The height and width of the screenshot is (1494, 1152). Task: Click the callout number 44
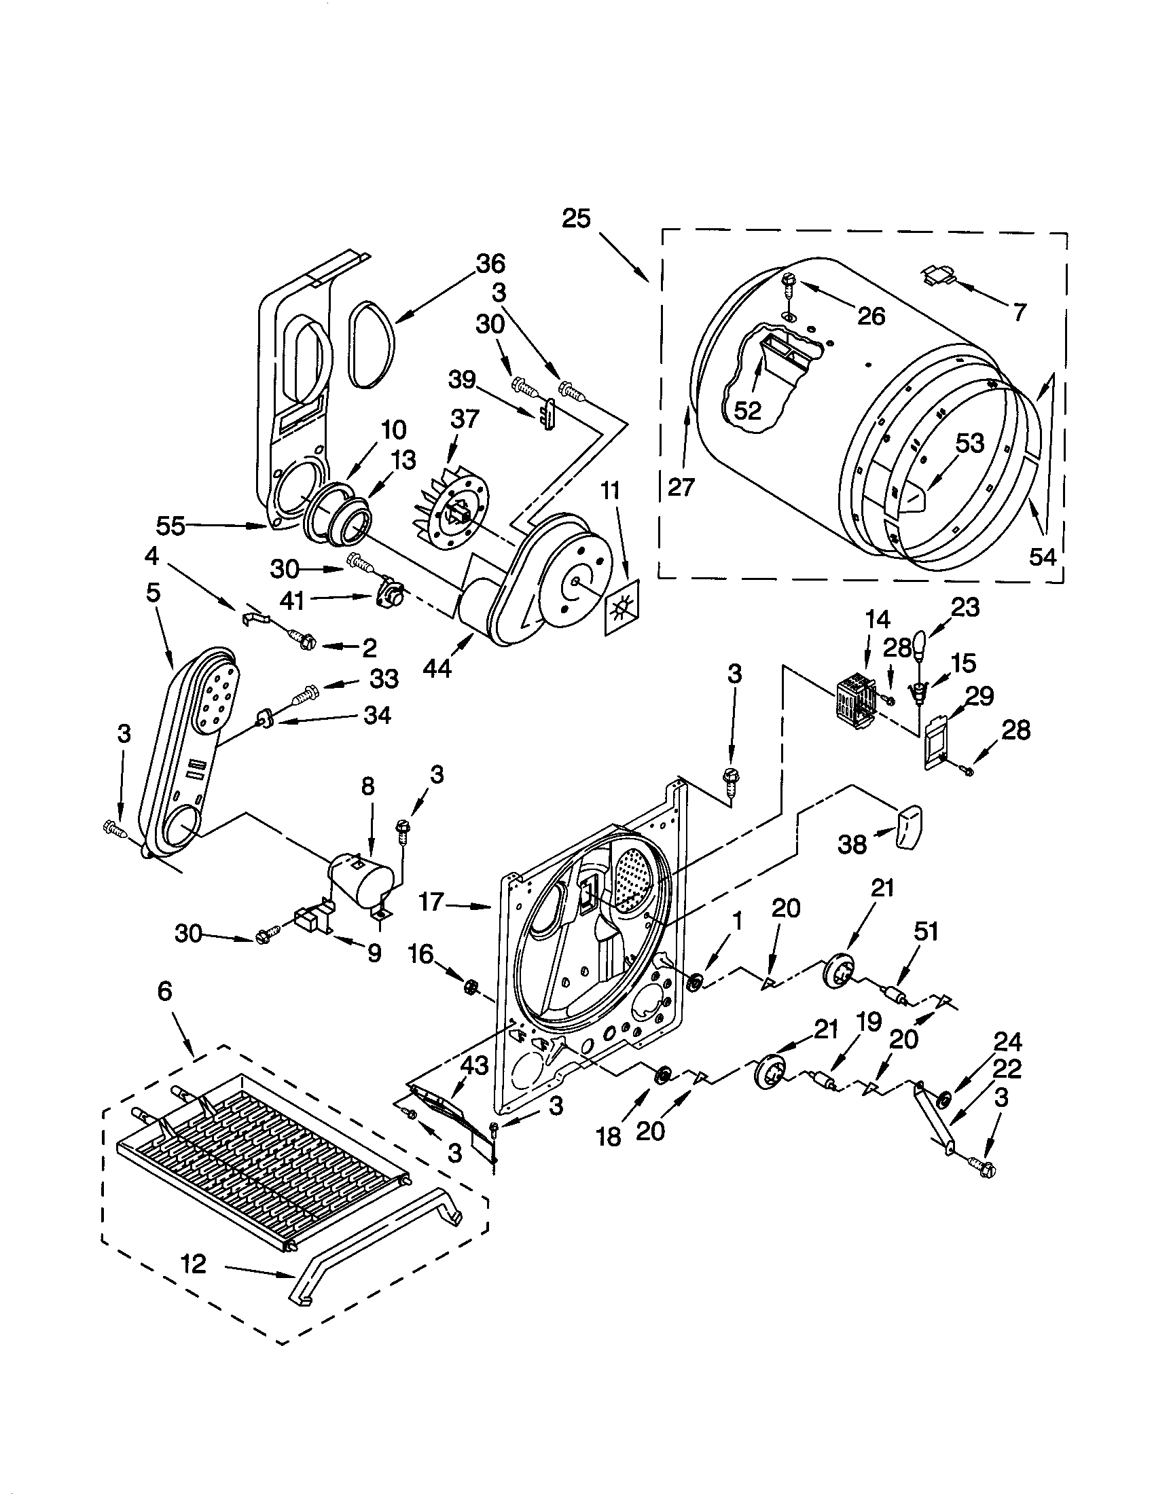437,668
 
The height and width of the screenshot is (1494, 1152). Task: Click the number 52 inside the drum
747,409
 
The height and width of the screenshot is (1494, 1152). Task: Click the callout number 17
431,902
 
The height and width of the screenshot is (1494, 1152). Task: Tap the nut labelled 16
470,987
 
